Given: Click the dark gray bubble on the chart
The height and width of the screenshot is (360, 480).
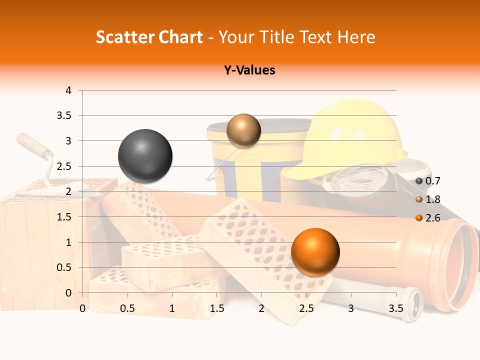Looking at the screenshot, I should tap(145, 156).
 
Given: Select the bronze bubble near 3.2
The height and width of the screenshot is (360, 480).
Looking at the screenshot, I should tap(243, 130).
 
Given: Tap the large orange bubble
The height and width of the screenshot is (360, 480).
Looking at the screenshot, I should tap(315, 251).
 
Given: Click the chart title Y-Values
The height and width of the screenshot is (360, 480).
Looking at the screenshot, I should tap(249, 70).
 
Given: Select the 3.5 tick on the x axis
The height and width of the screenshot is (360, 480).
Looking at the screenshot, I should tap(395, 308).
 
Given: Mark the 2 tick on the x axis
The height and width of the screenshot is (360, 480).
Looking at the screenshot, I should tap(261, 308).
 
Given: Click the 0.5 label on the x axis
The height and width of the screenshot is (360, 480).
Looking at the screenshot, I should tap(127, 308).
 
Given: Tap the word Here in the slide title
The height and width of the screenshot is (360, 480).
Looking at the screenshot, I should tap(356, 37).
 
